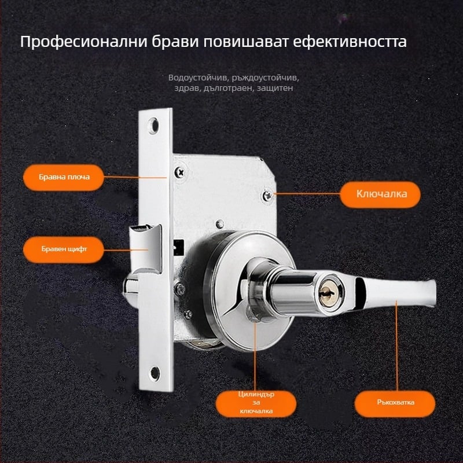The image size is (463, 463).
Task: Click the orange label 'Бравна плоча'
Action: pos(64,177)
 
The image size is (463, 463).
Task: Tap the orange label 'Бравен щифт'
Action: pos(64,249)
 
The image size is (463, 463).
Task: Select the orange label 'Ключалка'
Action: pos(380,194)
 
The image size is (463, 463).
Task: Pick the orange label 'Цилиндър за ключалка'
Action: pos(256,403)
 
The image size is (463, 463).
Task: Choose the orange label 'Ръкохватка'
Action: pos(395,403)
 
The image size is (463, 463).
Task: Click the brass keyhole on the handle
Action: pos(328,292)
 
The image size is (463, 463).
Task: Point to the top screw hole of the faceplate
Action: pos(153,126)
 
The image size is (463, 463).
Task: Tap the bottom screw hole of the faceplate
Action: pos(155,373)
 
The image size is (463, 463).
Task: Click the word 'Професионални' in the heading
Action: pos(83,42)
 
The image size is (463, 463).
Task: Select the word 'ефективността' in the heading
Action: pos(350,42)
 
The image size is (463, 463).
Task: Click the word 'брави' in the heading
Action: pos(175,42)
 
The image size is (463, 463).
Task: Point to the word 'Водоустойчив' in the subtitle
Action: pos(199,78)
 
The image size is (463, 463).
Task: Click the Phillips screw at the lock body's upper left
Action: pos(180,172)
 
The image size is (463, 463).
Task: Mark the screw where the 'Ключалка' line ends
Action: pos(268,195)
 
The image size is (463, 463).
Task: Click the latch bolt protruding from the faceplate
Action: pos(146,248)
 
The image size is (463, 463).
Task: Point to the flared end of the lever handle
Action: pos(430,293)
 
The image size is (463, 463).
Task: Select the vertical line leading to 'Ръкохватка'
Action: pos(396,346)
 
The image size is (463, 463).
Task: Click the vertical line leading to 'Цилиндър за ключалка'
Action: pos(255,357)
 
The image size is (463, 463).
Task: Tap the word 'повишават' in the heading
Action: pos(245,42)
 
